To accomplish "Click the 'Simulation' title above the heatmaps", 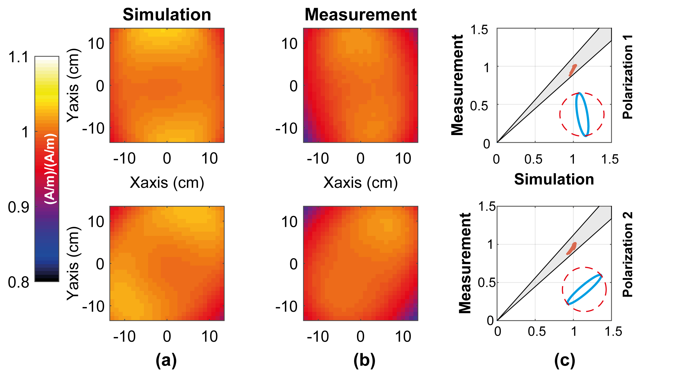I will tap(167, 14).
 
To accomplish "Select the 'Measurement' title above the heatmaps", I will tap(360, 14).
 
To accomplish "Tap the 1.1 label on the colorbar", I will tap(18, 57).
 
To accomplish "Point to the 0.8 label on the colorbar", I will tap(18, 282).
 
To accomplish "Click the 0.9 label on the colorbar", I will tap(18, 207).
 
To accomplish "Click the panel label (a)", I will tap(166, 360).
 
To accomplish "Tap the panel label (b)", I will tap(364, 360).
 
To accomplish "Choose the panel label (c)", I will tap(565, 360).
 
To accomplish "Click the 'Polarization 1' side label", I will tap(627, 77).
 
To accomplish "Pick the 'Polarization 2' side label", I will tap(627, 254).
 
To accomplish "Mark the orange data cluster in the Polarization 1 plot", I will tap(572, 70).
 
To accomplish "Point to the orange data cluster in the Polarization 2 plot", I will tap(572, 249).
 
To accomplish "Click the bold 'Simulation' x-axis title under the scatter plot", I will tap(554, 179).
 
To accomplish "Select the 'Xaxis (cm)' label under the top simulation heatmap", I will tap(167, 183).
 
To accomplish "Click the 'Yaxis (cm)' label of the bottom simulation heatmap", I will tap(73, 263).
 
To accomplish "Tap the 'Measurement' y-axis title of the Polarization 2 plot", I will tap(465, 263).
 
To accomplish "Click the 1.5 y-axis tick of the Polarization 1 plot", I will tap(479, 30).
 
